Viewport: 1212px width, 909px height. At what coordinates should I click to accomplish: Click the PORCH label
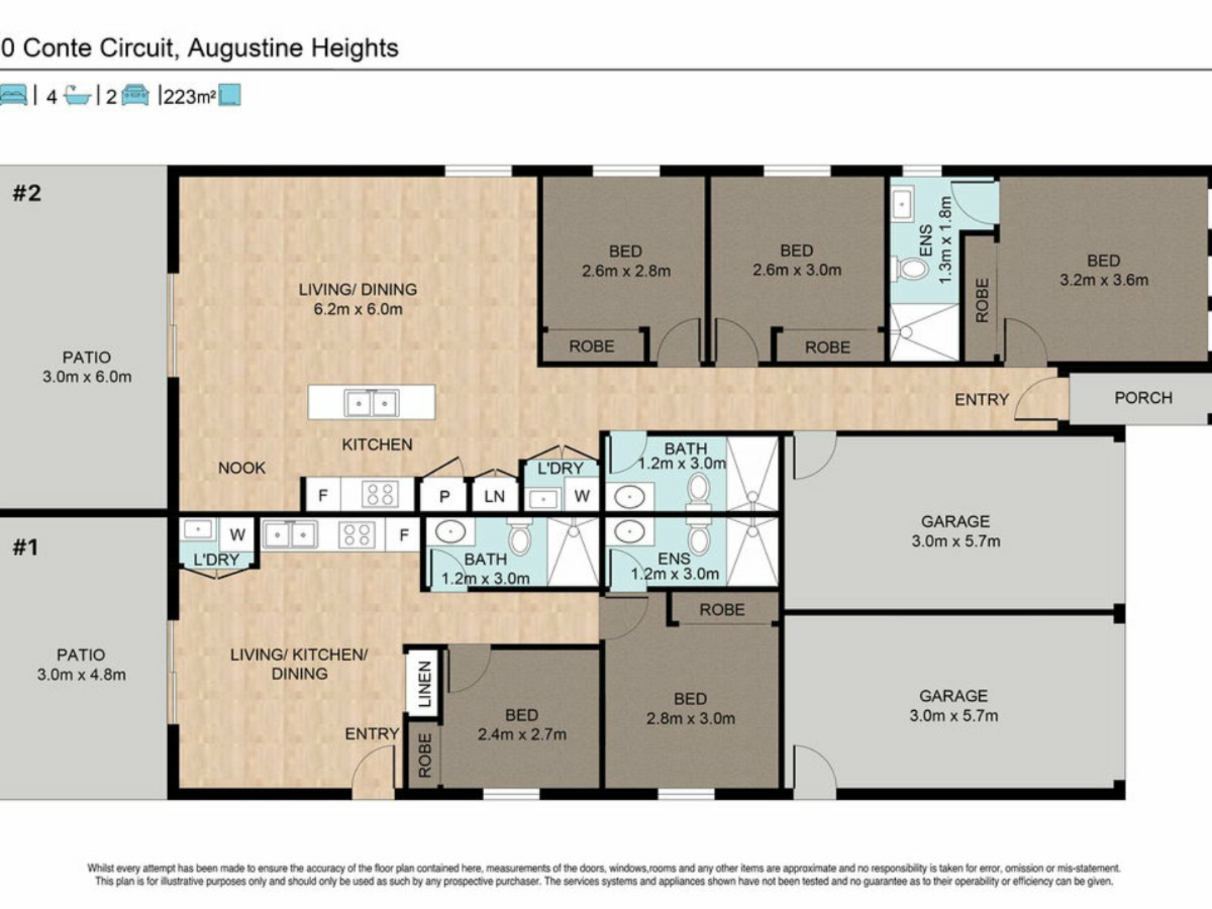tap(1143, 398)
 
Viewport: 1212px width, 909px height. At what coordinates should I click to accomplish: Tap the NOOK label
tap(242, 468)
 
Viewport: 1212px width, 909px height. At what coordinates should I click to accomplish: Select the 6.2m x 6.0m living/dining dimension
tap(358, 309)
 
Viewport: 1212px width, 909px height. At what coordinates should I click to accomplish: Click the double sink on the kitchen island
tap(371, 403)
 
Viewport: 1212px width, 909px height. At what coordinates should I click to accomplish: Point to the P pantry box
tap(444, 496)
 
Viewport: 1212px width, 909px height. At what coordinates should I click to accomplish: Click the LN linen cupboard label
tap(494, 496)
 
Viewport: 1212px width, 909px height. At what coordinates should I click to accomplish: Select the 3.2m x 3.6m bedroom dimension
tap(1104, 280)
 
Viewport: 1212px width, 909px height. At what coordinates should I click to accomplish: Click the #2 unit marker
tap(27, 193)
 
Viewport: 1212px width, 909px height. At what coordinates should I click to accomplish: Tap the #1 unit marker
tap(25, 547)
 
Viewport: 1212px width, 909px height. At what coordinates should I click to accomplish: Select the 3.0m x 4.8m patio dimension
tap(81, 674)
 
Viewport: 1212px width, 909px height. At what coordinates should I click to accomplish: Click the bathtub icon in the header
tap(78, 95)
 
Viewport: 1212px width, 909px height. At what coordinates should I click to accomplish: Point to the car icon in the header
tap(134, 95)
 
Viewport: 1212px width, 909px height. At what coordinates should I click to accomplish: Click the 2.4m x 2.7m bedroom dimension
tap(522, 734)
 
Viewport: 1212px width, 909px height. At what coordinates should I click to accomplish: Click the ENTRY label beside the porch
tap(982, 400)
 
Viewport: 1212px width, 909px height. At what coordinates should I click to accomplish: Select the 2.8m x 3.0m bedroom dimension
tap(691, 718)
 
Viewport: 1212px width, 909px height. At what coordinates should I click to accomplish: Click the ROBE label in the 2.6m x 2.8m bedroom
tap(591, 346)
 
